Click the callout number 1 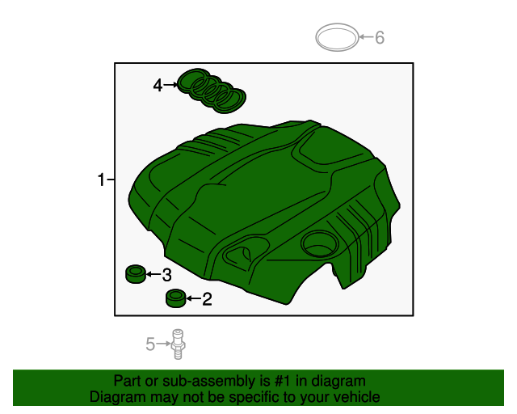tap(101, 180)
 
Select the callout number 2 tap(207, 300)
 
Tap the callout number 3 tap(166, 275)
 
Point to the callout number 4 tap(158, 85)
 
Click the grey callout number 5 tap(150, 345)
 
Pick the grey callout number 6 tap(380, 37)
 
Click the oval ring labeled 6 tap(336, 37)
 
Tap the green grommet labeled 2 tap(175, 299)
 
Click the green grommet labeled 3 tap(135, 275)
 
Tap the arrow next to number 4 tap(170, 84)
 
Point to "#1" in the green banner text tap(284, 381)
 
